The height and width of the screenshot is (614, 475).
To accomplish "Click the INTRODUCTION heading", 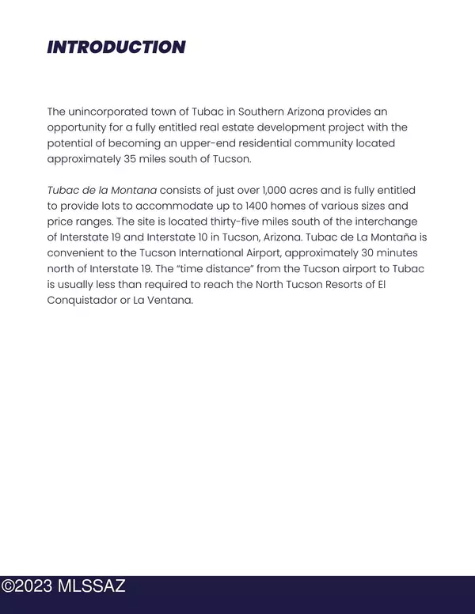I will point(116,47).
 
